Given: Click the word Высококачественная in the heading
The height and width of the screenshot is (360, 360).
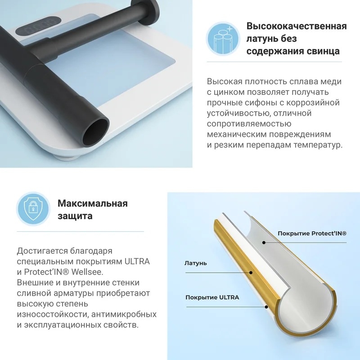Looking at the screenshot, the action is [297, 26].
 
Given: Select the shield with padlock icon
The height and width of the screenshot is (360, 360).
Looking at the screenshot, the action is [33, 208].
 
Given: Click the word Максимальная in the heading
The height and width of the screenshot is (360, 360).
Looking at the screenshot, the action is [93, 203].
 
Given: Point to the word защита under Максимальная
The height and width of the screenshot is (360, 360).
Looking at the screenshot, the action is [75, 216].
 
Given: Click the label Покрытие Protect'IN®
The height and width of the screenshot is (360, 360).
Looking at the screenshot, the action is [312, 234].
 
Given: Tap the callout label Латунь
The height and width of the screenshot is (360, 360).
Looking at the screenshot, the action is [196, 263].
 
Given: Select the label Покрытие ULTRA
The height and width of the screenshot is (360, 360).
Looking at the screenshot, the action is [212, 297].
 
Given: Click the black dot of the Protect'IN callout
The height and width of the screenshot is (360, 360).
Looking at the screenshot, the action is [264, 243].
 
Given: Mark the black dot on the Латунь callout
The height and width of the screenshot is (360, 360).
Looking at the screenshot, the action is [251, 273].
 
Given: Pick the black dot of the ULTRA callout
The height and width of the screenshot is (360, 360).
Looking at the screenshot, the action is [266, 307].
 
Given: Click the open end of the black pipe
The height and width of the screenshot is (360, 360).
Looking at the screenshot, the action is [95, 131].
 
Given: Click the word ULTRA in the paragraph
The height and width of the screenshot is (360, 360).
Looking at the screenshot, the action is [137, 261].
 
